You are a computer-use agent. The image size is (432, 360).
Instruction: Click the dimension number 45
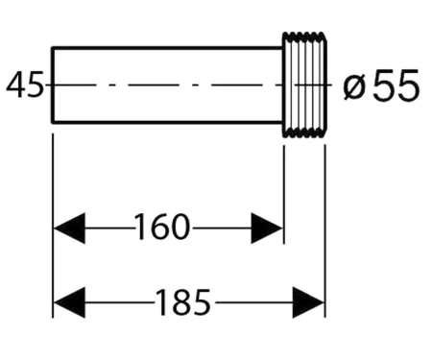25,84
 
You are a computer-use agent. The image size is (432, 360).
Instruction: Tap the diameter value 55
396,85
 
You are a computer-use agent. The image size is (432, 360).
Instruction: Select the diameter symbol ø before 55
354,87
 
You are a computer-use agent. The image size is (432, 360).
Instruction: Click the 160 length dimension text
162,227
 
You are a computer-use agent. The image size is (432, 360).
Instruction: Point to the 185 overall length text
182,301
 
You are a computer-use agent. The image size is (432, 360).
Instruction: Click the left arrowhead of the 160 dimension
69,228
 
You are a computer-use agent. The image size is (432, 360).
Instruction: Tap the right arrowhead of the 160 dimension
267,228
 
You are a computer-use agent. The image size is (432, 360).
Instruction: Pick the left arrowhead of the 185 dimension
69,302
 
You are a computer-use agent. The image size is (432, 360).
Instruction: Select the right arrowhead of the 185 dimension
308,302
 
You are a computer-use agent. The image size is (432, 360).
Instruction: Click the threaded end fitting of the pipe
304,84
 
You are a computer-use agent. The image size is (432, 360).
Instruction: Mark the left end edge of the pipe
53,84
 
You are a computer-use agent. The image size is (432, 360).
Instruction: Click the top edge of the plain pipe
167,48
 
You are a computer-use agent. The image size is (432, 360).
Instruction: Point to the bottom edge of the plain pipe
167,122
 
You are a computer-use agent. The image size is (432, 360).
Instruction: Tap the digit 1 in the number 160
140,227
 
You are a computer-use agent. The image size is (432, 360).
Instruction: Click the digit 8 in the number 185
182,301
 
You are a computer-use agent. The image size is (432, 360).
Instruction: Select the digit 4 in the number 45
15,84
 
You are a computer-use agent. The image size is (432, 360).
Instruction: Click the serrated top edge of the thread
304,35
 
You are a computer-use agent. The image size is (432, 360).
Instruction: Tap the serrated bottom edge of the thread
304,134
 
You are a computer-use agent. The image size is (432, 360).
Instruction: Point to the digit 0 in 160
180,227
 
